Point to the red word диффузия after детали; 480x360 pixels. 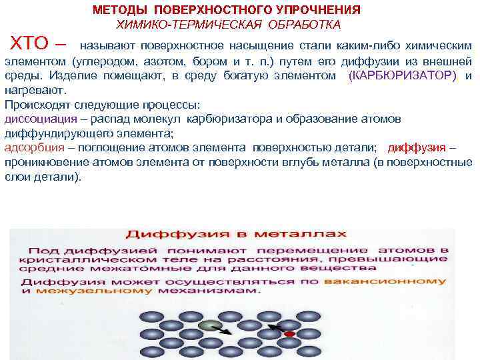(417, 147)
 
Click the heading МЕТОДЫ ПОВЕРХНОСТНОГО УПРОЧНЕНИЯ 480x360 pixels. (227, 10)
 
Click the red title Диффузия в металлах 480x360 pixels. (236, 234)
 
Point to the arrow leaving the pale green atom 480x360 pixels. (226, 329)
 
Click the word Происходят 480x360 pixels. (33, 105)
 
